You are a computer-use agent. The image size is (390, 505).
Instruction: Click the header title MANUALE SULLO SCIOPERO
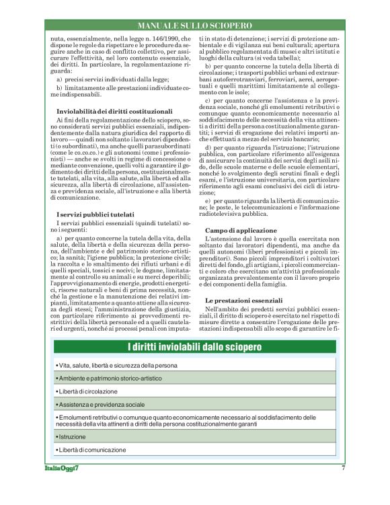click(x=194, y=25)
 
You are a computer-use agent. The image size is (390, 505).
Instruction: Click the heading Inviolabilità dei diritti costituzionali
click(x=115, y=110)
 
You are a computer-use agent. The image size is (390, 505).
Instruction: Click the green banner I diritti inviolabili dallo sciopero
click(x=194, y=346)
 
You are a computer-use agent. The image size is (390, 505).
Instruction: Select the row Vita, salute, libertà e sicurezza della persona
click(x=118, y=364)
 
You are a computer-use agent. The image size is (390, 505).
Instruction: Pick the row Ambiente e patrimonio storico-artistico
click(x=111, y=379)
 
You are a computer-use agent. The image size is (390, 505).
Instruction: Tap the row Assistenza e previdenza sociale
click(x=101, y=405)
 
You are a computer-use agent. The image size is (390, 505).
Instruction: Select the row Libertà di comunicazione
click(x=91, y=449)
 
